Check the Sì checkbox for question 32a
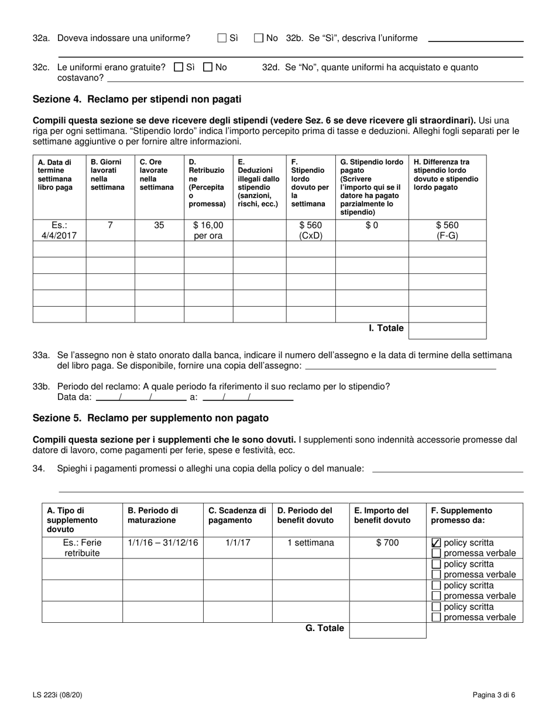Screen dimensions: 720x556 pyautogui.click(x=222, y=38)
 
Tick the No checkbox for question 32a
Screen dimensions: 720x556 pyautogui.click(x=259, y=38)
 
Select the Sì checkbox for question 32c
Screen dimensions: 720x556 pyautogui.click(x=179, y=67)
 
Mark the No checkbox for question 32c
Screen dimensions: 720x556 pyautogui.click(x=208, y=67)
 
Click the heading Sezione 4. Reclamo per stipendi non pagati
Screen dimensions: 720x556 pyautogui.click(x=137, y=100)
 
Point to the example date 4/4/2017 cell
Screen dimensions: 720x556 pyautogui.click(x=59, y=231)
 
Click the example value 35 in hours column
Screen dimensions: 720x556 pyautogui.click(x=159, y=225)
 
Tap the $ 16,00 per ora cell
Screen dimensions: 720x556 pyautogui.click(x=208, y=231)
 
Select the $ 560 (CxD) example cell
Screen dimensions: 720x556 pyautogui.click(x=310, y=231)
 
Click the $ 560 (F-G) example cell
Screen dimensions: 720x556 pyautogui.click(x=447, y=231)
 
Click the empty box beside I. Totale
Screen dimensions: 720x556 pyautogui.click(x=447, y=331)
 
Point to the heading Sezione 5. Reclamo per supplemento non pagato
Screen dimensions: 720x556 pyautogui.click(x=150, y=418)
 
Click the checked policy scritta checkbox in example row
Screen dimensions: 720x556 pyautogui.click(x=436, y=543)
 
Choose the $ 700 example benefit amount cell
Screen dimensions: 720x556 pyautogui.click(x=387, y=543)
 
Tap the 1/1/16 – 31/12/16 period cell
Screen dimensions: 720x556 pyautogui.click(x=163, y=543)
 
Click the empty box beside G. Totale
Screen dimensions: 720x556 pyautogui.click(x=387, y=630)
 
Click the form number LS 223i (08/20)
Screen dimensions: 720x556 pyautogui.click(x=59, y=695)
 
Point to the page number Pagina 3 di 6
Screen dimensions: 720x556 pyautogui.click(x=494, y=695)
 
